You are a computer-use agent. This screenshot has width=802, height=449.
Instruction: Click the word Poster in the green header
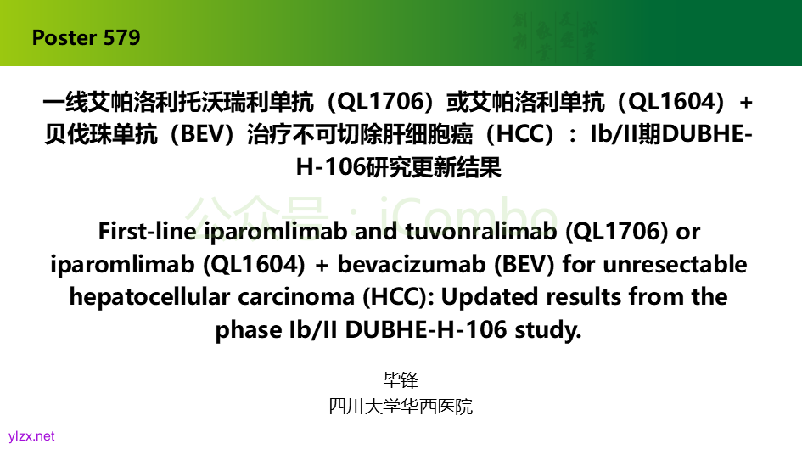tap(64, 38)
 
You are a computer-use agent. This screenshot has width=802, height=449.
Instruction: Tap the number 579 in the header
tap(121, 38)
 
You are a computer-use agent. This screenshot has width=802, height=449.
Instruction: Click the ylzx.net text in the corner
tap(31, 436)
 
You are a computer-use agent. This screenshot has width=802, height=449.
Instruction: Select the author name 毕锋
tap(401, 380)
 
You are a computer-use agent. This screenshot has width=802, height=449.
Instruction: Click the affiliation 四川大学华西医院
tap(401, 407)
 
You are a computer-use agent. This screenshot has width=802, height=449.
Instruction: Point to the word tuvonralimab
tap(481, 231)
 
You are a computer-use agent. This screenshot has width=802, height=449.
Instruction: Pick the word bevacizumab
tap(412, 264)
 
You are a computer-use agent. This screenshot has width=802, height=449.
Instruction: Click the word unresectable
tap(676, 264)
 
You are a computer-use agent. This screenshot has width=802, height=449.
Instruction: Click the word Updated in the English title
tap(490, 297)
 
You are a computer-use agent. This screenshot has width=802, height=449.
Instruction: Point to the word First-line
tap(148, 231)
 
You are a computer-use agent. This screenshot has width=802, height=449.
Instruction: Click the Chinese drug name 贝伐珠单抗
tap(101, 134)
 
